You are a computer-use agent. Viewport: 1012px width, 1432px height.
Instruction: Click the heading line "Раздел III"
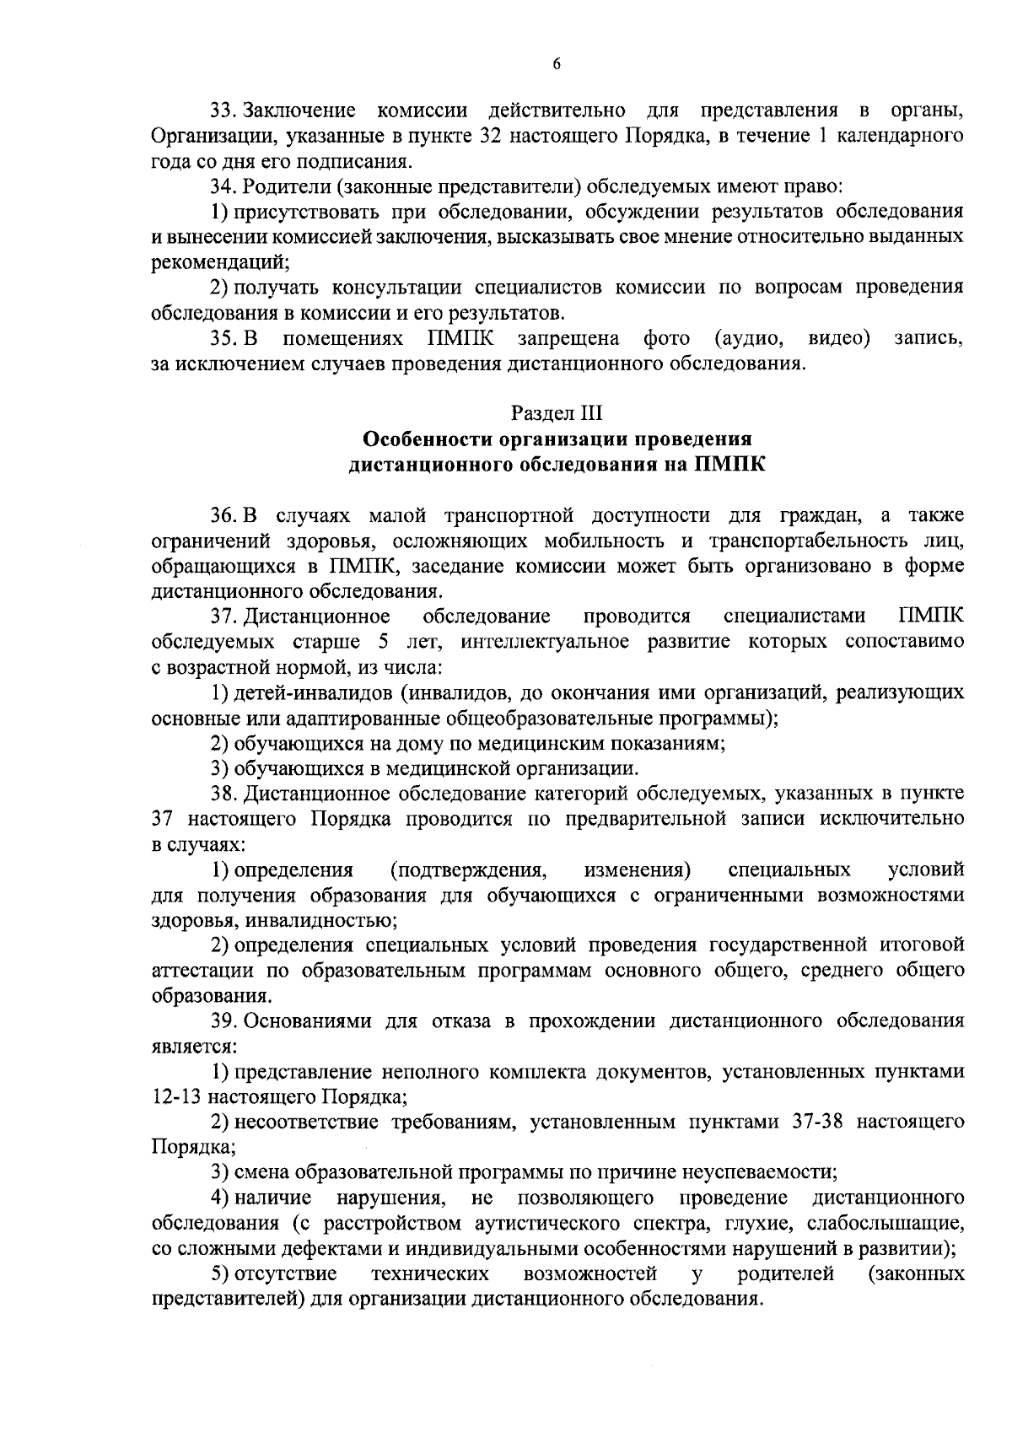tap(557, 413)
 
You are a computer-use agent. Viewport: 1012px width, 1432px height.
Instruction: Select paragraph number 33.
tap(223, 110)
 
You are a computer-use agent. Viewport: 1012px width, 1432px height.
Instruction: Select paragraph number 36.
tap(223, 515)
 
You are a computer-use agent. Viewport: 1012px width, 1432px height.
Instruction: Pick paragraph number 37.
tap(223, 616)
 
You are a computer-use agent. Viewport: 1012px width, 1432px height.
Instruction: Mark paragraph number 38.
tap(223, 794)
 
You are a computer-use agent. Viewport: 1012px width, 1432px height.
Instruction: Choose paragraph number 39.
tap(223, 1021)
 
